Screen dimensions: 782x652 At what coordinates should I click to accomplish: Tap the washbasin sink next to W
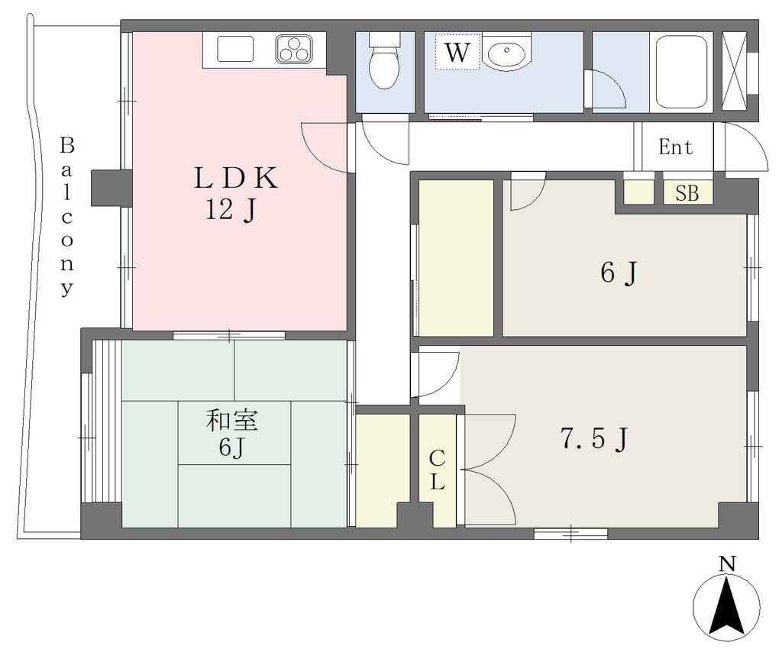click(506, 51)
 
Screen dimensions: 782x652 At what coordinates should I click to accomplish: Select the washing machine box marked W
click(457, 51)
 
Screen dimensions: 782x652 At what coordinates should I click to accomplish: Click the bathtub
click(681, 73)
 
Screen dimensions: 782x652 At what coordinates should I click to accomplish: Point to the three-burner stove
click(294, 50)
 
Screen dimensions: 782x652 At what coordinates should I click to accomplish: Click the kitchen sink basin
click(235, 50)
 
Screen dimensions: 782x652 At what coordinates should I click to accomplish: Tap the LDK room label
click(235, 178)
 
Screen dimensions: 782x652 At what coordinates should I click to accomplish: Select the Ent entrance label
click(676, 147)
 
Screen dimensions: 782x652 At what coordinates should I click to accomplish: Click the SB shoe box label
click(687, 193)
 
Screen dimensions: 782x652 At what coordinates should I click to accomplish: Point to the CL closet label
click(438, 470)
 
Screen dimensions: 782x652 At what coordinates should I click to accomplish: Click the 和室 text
click(232, 420)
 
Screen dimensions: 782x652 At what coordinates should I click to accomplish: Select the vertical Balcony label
click(67, 216)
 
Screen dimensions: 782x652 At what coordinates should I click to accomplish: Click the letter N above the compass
click(727, 563)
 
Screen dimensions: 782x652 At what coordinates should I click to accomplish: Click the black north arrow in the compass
click(727, 605)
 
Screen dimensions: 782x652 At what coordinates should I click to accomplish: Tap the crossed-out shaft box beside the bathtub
click(734, 71)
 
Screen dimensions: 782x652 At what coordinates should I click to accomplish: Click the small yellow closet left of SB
click(639, 192)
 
